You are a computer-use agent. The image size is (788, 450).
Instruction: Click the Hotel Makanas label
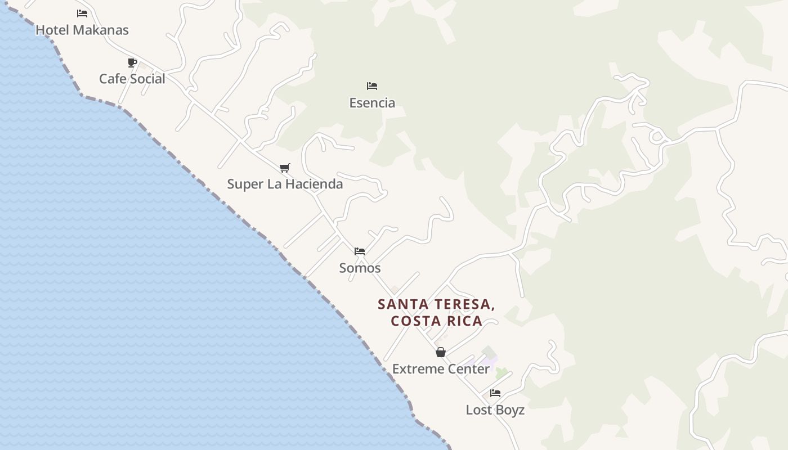point(82,30)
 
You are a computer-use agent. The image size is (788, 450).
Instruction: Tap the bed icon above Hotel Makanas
point(82,13)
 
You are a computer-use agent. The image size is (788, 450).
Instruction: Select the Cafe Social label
point(132,79)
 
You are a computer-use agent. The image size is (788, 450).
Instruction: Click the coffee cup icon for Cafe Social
point(132,62)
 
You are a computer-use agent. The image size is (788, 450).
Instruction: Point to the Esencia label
point(372,103)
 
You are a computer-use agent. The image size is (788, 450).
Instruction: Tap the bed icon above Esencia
point(372,86)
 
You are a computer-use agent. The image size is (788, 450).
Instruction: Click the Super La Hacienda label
point(285,184)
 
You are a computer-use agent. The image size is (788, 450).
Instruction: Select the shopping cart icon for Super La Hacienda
point(285,168)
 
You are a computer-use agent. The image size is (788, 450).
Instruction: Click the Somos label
point(360,268)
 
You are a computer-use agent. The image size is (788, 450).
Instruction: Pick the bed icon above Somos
point(360,251)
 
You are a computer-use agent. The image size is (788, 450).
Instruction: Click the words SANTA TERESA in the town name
point(436,304)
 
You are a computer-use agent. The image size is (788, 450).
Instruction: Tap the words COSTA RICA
point(436,321)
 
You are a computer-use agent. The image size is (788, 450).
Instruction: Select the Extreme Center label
point(441,369)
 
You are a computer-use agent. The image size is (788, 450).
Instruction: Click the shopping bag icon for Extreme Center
point(441,353)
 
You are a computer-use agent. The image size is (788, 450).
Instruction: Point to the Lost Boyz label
point(495,410)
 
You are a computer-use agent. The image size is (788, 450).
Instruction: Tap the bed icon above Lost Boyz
point(495,393)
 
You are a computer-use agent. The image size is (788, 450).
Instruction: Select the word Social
point(148,79)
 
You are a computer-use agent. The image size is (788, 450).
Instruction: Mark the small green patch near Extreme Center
point(501,372)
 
